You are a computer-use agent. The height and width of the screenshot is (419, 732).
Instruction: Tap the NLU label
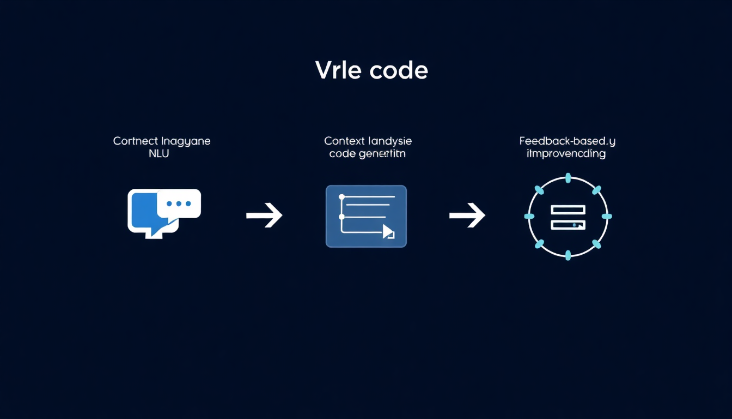(158, 153)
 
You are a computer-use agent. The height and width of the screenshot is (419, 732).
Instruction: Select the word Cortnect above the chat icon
(136, 141)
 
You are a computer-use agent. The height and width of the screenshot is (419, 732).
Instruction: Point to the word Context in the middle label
(345, 141)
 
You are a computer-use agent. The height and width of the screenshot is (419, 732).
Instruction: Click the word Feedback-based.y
(568, 141)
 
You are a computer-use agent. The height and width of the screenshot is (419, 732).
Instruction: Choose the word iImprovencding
(566, 153)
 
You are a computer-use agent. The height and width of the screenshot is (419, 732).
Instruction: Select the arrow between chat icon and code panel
(264, 216)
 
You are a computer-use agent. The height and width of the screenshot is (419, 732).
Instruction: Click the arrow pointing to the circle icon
(467, 216)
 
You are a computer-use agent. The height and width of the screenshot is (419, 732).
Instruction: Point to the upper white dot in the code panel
(342, 196)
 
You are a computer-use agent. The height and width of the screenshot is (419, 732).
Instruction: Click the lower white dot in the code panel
(342, 217)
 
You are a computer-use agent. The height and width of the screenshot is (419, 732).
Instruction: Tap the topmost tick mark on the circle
(568, 178)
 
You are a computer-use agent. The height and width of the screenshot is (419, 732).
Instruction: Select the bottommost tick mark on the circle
(568, 255)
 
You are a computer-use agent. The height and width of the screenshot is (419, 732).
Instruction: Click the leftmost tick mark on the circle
(529, 217)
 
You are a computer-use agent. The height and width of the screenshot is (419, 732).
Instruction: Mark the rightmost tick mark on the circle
(606, 217)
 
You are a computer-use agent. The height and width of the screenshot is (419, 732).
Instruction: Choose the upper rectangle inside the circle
(568, 209)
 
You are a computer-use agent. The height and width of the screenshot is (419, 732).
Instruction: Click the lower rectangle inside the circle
(568, 224)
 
